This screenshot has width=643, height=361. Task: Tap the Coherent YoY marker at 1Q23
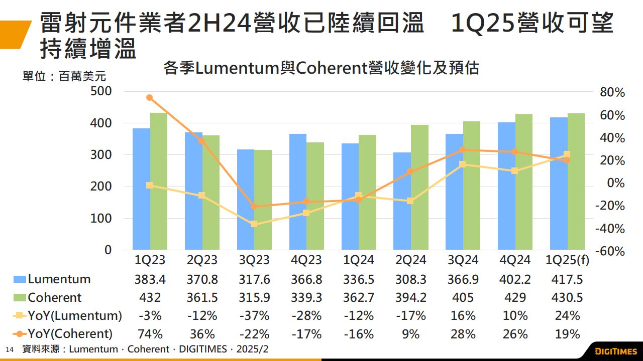[149, 98]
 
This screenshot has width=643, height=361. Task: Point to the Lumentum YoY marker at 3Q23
[254, 224]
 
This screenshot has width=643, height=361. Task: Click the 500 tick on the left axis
[101, 91]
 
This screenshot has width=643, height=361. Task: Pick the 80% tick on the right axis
[612, 92]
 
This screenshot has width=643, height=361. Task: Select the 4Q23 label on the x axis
[306, 260]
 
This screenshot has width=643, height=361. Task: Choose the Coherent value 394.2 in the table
[411, 297]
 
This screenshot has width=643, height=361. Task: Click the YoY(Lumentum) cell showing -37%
[254, 316]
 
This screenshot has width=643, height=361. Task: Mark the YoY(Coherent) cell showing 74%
[150, 334]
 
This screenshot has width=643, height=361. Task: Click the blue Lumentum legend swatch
[20, 279]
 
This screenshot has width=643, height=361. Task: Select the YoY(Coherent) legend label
[70, 334]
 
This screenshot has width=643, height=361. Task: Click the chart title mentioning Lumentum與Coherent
[321, 68]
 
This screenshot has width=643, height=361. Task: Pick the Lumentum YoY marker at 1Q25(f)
[567, 155]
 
